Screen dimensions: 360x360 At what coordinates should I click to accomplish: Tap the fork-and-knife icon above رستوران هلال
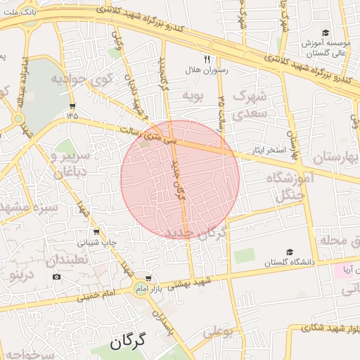pyautogui.click(x=206, y=60)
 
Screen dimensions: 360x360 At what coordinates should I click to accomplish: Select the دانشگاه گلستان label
pyautogui.click(x=288, y=262)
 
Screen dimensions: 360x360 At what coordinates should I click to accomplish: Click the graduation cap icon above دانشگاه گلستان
pyautogui.click(x=290, y=251)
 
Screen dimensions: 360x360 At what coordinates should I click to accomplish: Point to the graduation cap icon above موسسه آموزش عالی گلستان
pyautogui.click(x=325, y=32)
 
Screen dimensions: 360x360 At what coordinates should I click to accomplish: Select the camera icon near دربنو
pyautogui.click(x=57, y=276)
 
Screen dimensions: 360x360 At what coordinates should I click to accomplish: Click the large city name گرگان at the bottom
pyautogui.click(x=132, y=342)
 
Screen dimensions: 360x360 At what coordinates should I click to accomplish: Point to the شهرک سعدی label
pyautogui.click(x=251, y=103)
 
